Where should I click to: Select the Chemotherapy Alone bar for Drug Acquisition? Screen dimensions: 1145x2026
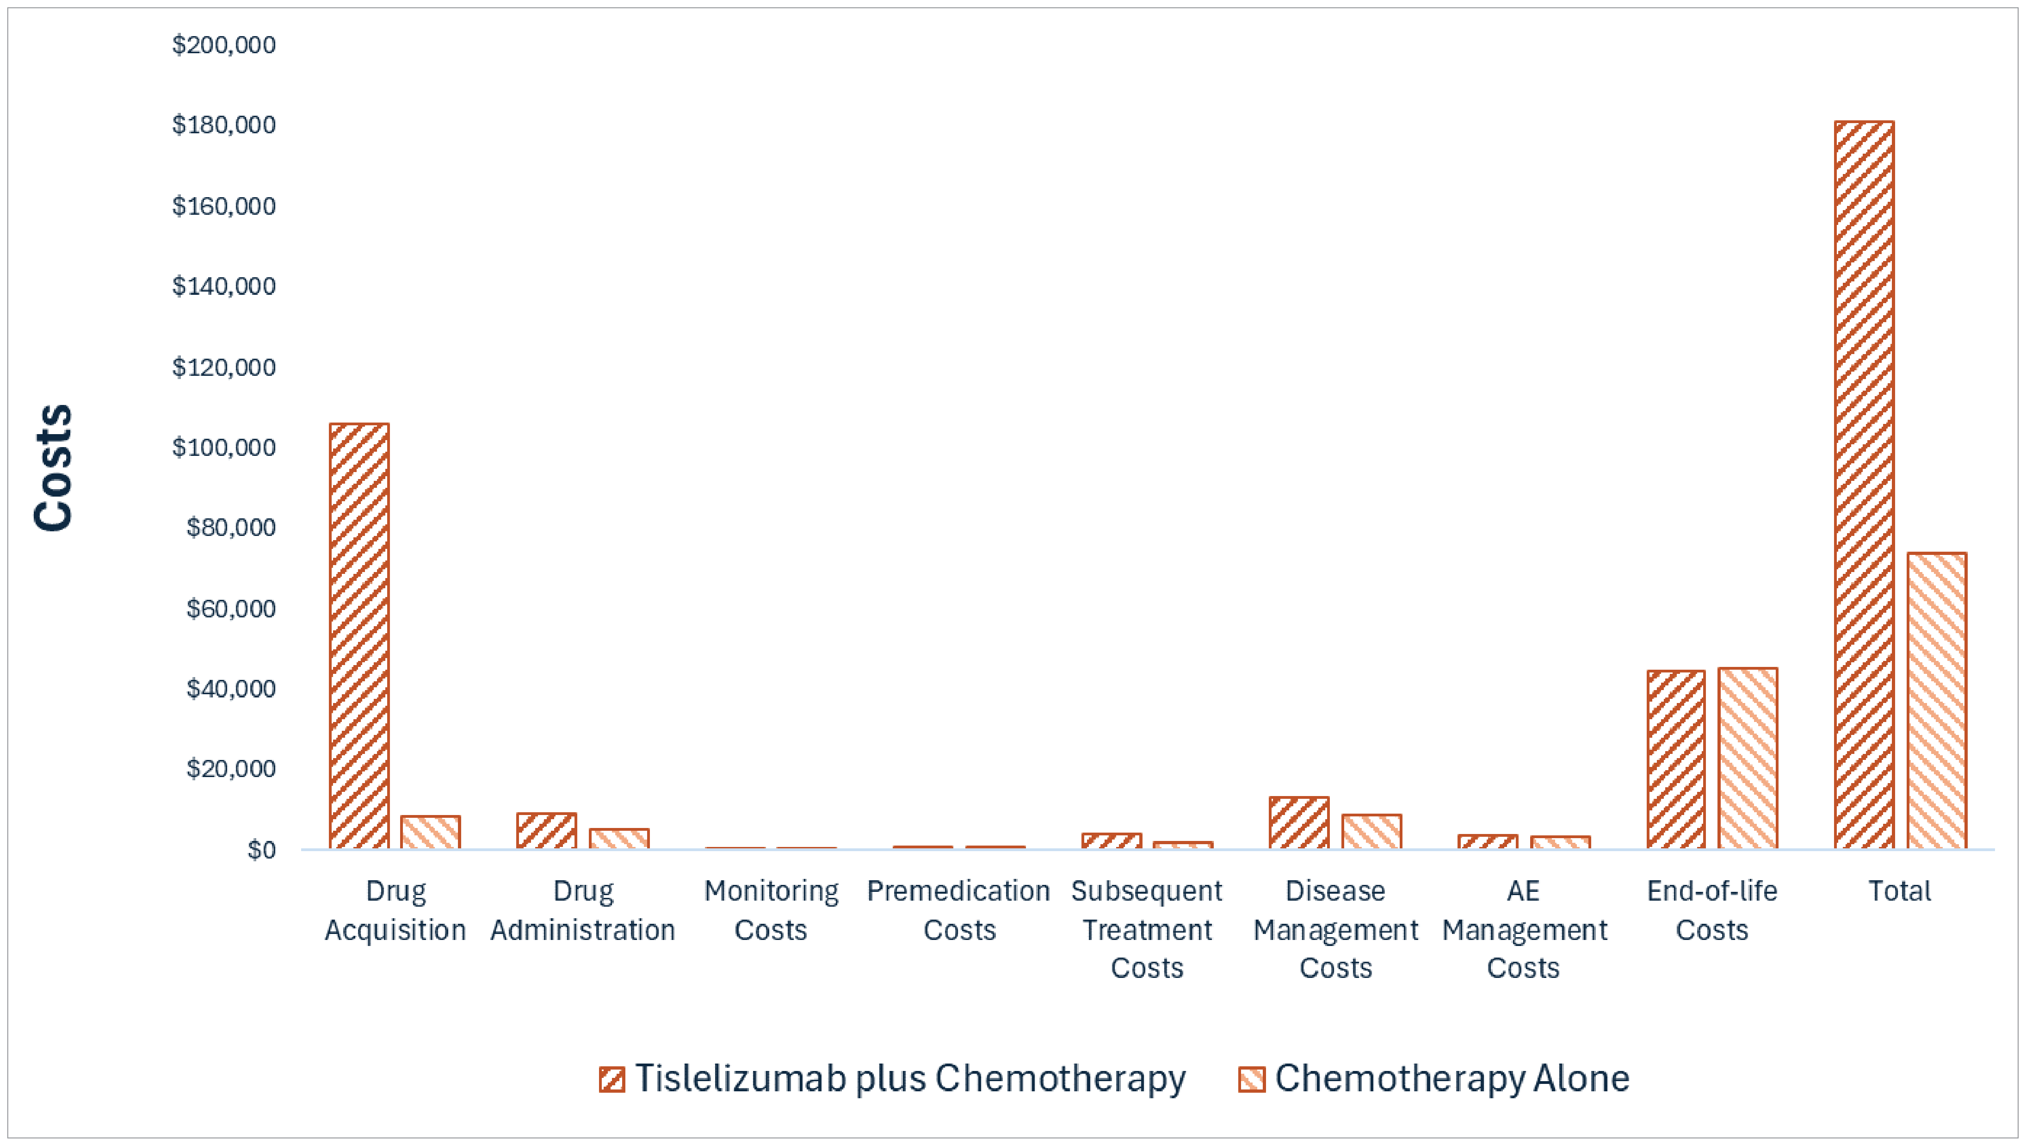(430, 833)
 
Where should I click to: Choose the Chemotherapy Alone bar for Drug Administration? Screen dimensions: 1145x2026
(619, 839)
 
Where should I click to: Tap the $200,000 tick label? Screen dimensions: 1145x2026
(224, 45)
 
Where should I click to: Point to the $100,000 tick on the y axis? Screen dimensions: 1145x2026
(224, 447)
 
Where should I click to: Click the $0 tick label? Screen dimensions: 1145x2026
(261, 850)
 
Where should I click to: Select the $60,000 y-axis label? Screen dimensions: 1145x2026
(231, 608)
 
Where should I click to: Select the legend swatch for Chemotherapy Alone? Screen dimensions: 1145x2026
(1251, 1079)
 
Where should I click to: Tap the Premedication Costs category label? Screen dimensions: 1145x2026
(959, 910)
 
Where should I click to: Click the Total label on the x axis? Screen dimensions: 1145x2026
(1899, 891)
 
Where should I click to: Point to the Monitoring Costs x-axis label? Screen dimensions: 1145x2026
(771, 910)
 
